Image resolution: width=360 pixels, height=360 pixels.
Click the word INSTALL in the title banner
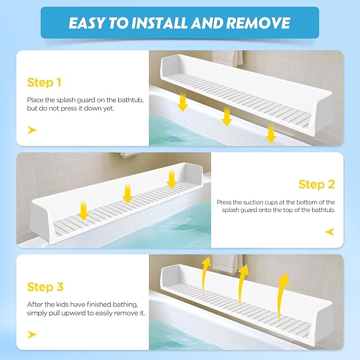pos(166,23)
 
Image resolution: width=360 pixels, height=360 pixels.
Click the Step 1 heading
pos(45,82)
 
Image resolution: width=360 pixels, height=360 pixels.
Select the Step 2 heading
pos(317,184)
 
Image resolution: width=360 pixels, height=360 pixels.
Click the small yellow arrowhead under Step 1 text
pos(32,130)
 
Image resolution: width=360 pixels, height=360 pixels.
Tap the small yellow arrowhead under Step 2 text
pos(330,232)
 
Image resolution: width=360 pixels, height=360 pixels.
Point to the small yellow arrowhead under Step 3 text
pos(32,334)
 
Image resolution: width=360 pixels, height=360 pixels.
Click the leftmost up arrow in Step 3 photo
pos(205,269)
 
